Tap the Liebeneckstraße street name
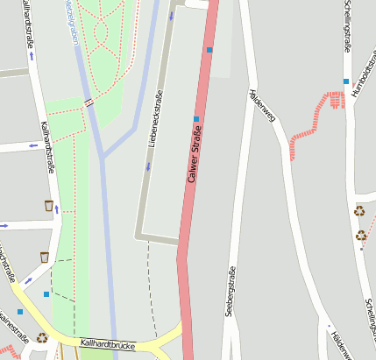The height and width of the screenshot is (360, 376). (x=155, y=117)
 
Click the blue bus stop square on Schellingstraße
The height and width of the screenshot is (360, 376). (x=345, y=81)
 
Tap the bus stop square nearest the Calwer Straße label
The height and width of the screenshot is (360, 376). (x=196, y=118)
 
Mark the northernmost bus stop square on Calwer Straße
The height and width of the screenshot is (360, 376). (x=209, y=50)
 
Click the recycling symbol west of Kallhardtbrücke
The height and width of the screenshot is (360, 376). (x=42, y=337)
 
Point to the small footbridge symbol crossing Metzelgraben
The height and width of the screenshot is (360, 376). (x=89, y=102)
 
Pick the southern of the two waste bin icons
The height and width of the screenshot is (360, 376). (x=44, y=257)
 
